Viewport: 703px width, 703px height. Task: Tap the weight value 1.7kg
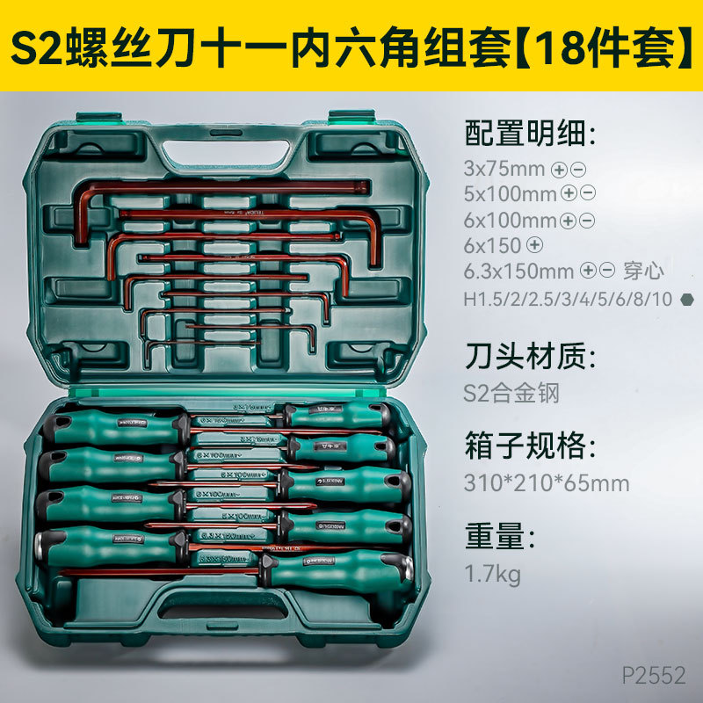492,575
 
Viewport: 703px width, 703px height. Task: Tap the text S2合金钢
511,392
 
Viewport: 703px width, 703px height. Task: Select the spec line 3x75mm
505,169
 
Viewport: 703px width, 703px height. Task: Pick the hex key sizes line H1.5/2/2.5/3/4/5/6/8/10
568,299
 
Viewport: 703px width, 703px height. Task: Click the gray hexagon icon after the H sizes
686,299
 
